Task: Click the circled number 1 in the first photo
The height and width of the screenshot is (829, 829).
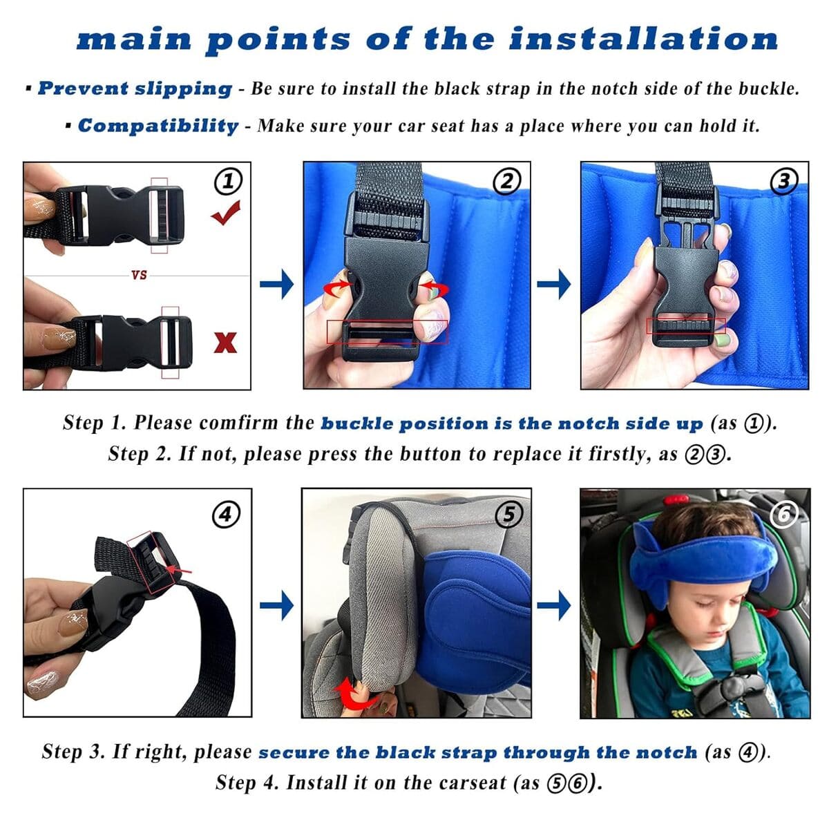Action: tap(229, 182)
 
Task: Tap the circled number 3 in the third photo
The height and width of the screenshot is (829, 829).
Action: tap(784, 181)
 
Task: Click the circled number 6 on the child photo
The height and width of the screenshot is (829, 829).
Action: tap(787, 513)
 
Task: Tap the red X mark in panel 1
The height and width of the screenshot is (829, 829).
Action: tap(225, 342)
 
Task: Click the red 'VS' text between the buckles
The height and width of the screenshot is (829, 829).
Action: tap(139, 275)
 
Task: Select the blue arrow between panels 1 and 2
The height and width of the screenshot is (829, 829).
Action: tap(276, 284)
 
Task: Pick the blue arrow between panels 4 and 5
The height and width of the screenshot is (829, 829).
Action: tap(276, 606)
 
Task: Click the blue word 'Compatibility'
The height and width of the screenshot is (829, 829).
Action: tap(158, 126)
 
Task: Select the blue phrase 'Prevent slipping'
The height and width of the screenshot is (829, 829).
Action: tap(135, 88)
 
